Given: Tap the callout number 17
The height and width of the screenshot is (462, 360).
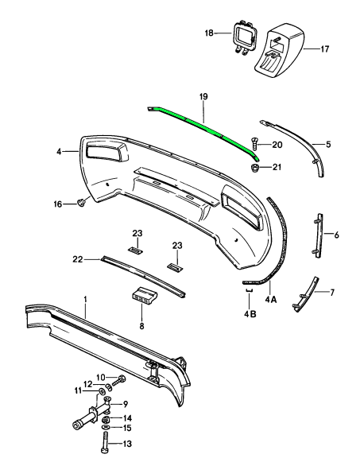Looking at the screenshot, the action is click(325, 49).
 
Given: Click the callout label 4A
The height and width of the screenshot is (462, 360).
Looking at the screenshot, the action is click(271, 300).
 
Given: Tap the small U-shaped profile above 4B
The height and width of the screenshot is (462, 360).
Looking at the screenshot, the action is click(249, 291).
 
